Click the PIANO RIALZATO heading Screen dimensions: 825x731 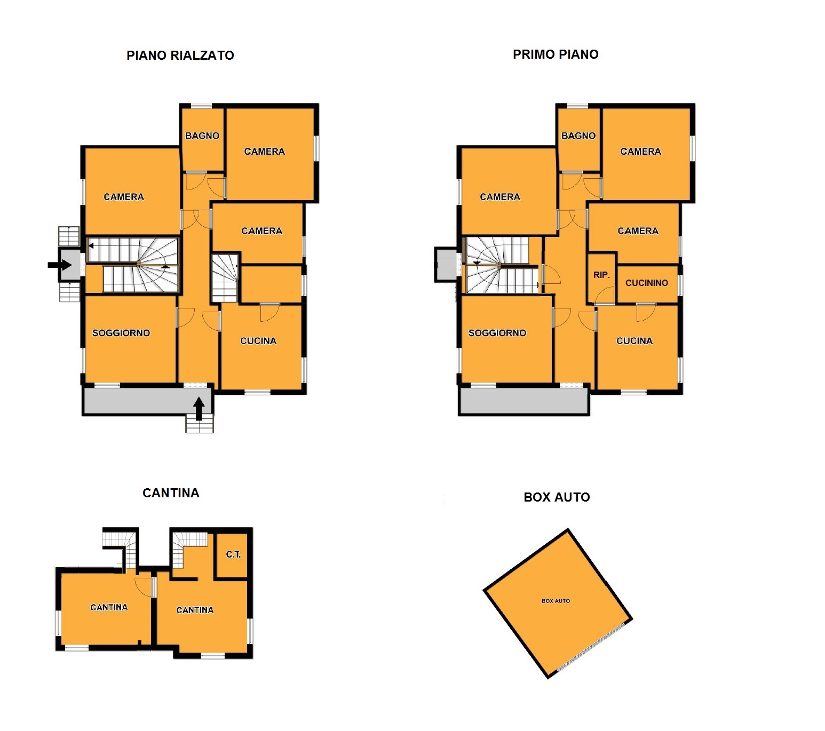pyautogui.click(x=180, y=55)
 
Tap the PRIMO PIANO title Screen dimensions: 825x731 pyautogui.click(x=556, y=54)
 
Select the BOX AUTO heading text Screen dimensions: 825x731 pyautogui.click(x=557, y=497)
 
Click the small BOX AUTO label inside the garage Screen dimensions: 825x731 pyautogui.click(x=556, y=601)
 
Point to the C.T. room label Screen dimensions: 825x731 pyautogui.click(x=233, y=554)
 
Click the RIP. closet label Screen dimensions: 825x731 pyautogui.click(x=601, y=275)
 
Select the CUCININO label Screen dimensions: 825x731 pyautogui.click(x=647, y=283)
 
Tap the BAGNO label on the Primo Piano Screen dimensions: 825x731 pyautogui.click(x=578, y=136)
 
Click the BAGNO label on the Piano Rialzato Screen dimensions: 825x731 pyautogui.click(x=202, y=136)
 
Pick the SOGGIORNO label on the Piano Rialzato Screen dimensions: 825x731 pyautogui.click(x=121, y=333)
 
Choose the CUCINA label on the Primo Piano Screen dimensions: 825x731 pyautogui.click(x=634, y=340)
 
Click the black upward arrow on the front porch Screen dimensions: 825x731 pyautogui.click(x=199, y=409)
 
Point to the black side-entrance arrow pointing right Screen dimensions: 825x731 pyautogui.click(x=60, y=265)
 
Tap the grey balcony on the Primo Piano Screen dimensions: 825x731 pyautogui.click(x=523, y=401)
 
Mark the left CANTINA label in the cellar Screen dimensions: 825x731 pyautogui.click(x=109, y=607)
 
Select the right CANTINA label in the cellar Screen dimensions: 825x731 pyautogui.click(x=195, y=610)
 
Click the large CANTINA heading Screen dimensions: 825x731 pyautogui.click(x=171, y=493)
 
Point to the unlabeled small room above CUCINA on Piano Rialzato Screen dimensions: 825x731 pyautogui.click(x=271, y=284)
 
